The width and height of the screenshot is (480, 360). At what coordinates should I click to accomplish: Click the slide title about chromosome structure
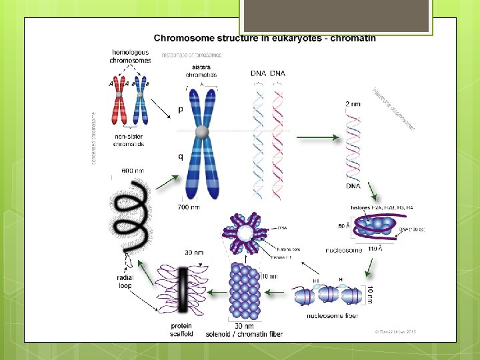point(265,39)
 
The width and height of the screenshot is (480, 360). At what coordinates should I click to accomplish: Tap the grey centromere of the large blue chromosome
point(202,133)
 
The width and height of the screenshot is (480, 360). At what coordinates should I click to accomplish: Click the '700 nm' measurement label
point(189,207)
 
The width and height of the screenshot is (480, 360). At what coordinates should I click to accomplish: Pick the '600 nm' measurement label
point(133,171)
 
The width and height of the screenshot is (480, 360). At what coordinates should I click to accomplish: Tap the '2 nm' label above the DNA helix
point(354,104)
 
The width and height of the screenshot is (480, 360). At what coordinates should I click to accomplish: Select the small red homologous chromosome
point(118,101)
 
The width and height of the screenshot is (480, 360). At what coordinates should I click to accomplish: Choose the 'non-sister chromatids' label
point(129,141)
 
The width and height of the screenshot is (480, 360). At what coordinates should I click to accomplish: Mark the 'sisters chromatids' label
point(201,71)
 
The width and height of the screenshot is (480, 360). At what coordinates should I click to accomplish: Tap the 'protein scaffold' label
point(181,330)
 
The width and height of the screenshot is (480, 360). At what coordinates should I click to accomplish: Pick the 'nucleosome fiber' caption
point(332,315)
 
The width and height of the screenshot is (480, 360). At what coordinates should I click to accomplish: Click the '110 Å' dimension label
point(375,249)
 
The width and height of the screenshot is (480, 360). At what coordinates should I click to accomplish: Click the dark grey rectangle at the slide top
point(336,15)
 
